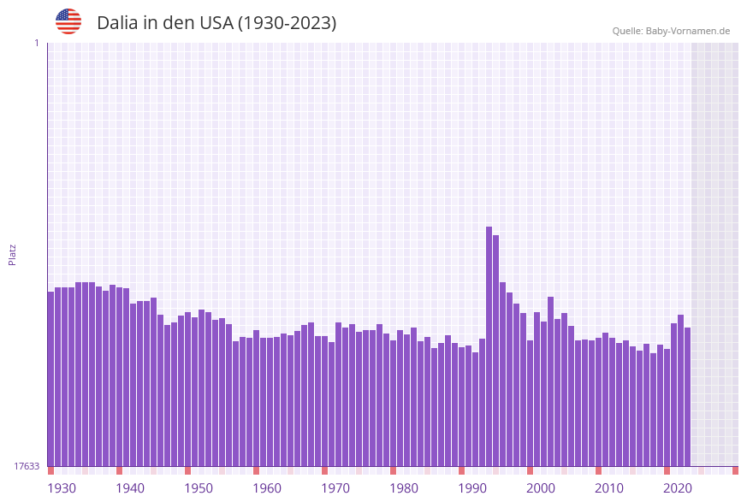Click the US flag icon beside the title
[68, 21]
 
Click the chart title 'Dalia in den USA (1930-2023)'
[216, 23]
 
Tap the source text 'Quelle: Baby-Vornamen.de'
[671, 31]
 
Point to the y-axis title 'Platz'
[12, 254]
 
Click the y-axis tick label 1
[37, 43]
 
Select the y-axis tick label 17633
[27, 466]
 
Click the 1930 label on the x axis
[62, 488]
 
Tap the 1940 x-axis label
[130, 488]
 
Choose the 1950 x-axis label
[199, 488]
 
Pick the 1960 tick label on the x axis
[267, 488]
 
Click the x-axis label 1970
[335, 488]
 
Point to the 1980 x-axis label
[404, 488]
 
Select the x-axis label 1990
[472, 488]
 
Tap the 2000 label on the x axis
[541, 488]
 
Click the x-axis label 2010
[609, 488]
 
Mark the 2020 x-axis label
[678, 488]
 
